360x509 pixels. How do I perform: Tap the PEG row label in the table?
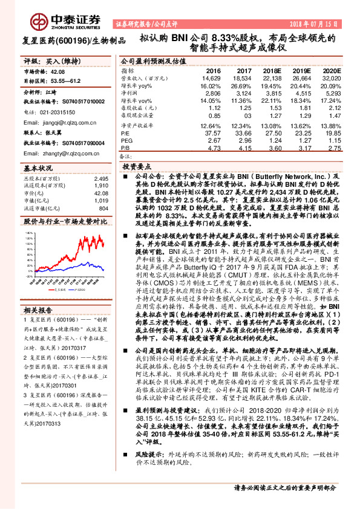coord(126,139)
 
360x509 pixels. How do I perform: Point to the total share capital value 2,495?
coord(100,179)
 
